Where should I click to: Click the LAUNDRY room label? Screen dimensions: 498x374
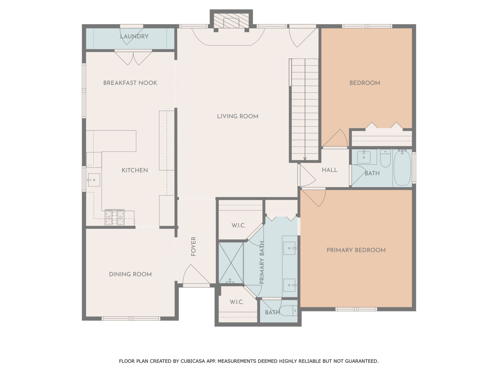point(134,36)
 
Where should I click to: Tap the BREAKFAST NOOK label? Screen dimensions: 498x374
point(130,83)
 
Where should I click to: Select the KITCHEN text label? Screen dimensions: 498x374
point(135,170)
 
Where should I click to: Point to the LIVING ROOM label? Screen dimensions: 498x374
point(238,116)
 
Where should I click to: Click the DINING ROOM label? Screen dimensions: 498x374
point(130,274)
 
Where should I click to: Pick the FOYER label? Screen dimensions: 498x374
point(193,246)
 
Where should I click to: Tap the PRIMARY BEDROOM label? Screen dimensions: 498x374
point(356,250)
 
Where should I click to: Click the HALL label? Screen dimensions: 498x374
point(330,170)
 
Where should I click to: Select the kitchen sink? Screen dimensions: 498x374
point(94,180)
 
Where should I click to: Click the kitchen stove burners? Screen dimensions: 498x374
point(115,218)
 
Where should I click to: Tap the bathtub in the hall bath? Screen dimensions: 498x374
point(402,168)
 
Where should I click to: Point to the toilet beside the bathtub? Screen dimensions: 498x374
point(385,158)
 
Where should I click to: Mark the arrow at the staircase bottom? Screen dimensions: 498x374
point(305,158)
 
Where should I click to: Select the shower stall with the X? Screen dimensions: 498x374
point(231,263)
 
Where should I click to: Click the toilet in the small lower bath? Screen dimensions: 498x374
point(289,310)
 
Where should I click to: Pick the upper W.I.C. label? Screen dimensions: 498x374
point(239,225)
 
